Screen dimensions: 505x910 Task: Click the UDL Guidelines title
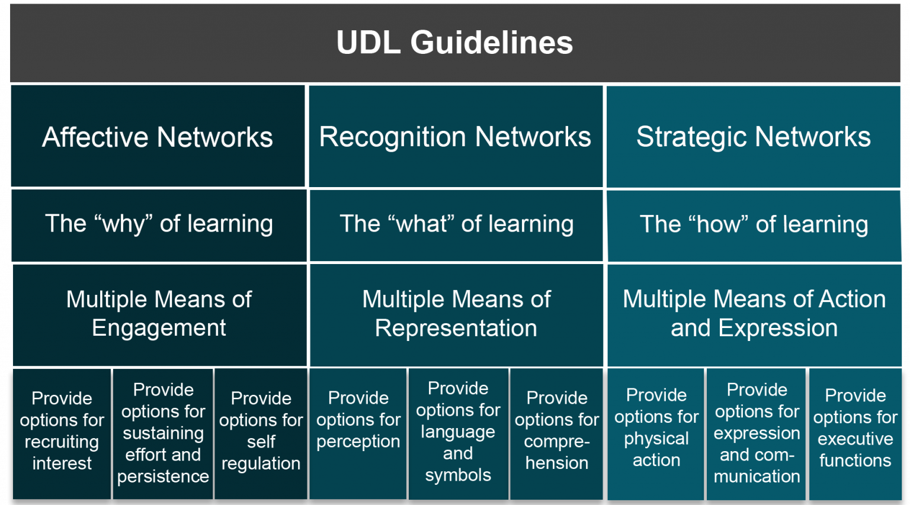(454, 43)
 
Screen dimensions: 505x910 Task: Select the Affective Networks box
(158, 137)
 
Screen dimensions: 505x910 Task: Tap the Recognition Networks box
(455, 137)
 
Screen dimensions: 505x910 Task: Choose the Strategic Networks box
(753, 137)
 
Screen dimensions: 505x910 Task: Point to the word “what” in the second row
(421, 224)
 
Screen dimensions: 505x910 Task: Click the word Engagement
(159, 328)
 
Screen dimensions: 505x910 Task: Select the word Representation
(456, 328)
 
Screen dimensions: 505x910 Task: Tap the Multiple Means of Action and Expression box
(754, 314)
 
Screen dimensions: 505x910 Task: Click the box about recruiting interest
(62, 431)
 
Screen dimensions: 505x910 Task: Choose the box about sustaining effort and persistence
(163, 433)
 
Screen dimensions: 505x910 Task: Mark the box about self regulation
(261, 431)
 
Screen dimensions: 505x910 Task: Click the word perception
(358, 442)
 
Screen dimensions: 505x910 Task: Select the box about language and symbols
(458, 432)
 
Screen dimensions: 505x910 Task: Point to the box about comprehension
(556, 431)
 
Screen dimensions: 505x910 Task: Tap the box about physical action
(656, 428)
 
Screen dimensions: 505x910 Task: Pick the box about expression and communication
(757, 433)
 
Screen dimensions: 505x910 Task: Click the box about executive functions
(855, 428)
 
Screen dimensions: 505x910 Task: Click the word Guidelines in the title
(492, 43)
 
